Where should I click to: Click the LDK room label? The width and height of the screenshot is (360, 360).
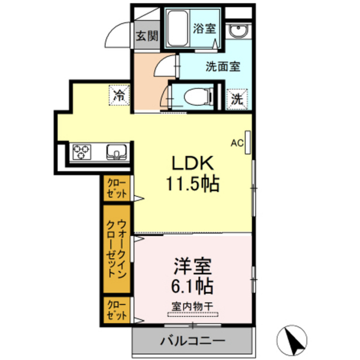click(192, 163)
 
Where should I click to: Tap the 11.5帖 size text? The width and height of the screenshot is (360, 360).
click(192, 184)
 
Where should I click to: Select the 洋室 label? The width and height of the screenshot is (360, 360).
click(192, 266)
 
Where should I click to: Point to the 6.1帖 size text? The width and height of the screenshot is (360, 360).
click(192, 286)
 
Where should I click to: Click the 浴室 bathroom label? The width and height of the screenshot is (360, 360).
click(204, 28)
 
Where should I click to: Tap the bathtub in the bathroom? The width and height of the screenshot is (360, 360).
click(178, 28)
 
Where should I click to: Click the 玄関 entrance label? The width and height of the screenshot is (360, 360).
click(147, 36)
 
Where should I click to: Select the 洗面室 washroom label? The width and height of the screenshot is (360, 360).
click(223, 66)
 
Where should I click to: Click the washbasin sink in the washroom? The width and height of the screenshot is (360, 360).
click(238, 31)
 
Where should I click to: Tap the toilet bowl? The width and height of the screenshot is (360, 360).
click(198, 97)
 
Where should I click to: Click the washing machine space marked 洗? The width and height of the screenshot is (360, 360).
click(237, 99)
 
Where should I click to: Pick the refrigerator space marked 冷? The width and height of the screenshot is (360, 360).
click(119, 95)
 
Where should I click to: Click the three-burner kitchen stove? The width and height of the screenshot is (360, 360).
click(82, 152)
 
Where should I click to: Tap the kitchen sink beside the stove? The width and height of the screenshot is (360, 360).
click(116, 152)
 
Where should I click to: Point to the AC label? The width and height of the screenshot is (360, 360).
click(237, 143)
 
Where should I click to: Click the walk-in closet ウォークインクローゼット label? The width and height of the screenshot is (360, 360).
click(116, 249)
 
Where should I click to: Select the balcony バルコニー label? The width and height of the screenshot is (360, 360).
click(192, 341)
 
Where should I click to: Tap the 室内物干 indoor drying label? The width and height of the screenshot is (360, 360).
click(192, 307)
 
